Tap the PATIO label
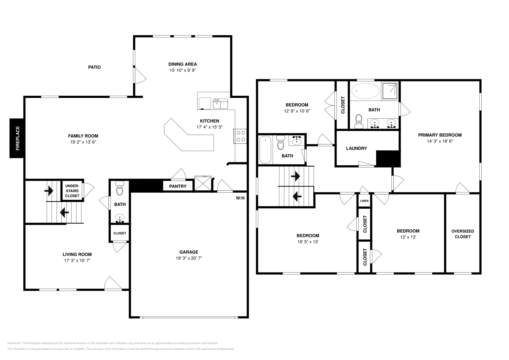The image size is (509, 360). pyautogui.click(x=94, y=67)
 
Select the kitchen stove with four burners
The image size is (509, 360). pyautogui.click(x=240, y=136)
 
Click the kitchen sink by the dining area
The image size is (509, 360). pyautogui.click(x=220, y=103)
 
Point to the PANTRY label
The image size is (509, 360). pyautogui.click(x=178, y=186)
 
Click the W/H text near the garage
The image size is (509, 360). pyautogui.click(x=240, y=198)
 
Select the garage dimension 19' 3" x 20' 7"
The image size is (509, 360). pyautogui.click(x=189, y=258)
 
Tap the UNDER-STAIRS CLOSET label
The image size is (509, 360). pyautogui.click(x=72, y=191)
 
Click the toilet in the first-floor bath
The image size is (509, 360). pyautogui.click(x=120, y=188)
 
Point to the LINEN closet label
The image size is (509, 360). pyautogui.click(x=364, y=201)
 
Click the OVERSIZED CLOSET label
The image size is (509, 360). pyautogui.click(x=463, y=234)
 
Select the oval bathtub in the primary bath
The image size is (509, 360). pyautogui.click(x=365, y=91)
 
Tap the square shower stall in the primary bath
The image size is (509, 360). pyautogui.click(x=390, y=90)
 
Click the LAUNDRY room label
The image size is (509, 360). pyautogui.click(x=356, y=148)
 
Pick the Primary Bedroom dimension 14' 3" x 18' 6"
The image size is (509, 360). pyautogui.click(x=440, y=141)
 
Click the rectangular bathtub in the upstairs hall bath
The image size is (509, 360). pyautogui.click(x=265, y=149)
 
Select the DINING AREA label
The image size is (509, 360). pyautogui.click(x=183, y=64)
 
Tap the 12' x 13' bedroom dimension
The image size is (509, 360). pyautogui.click(x=408, y=237)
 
